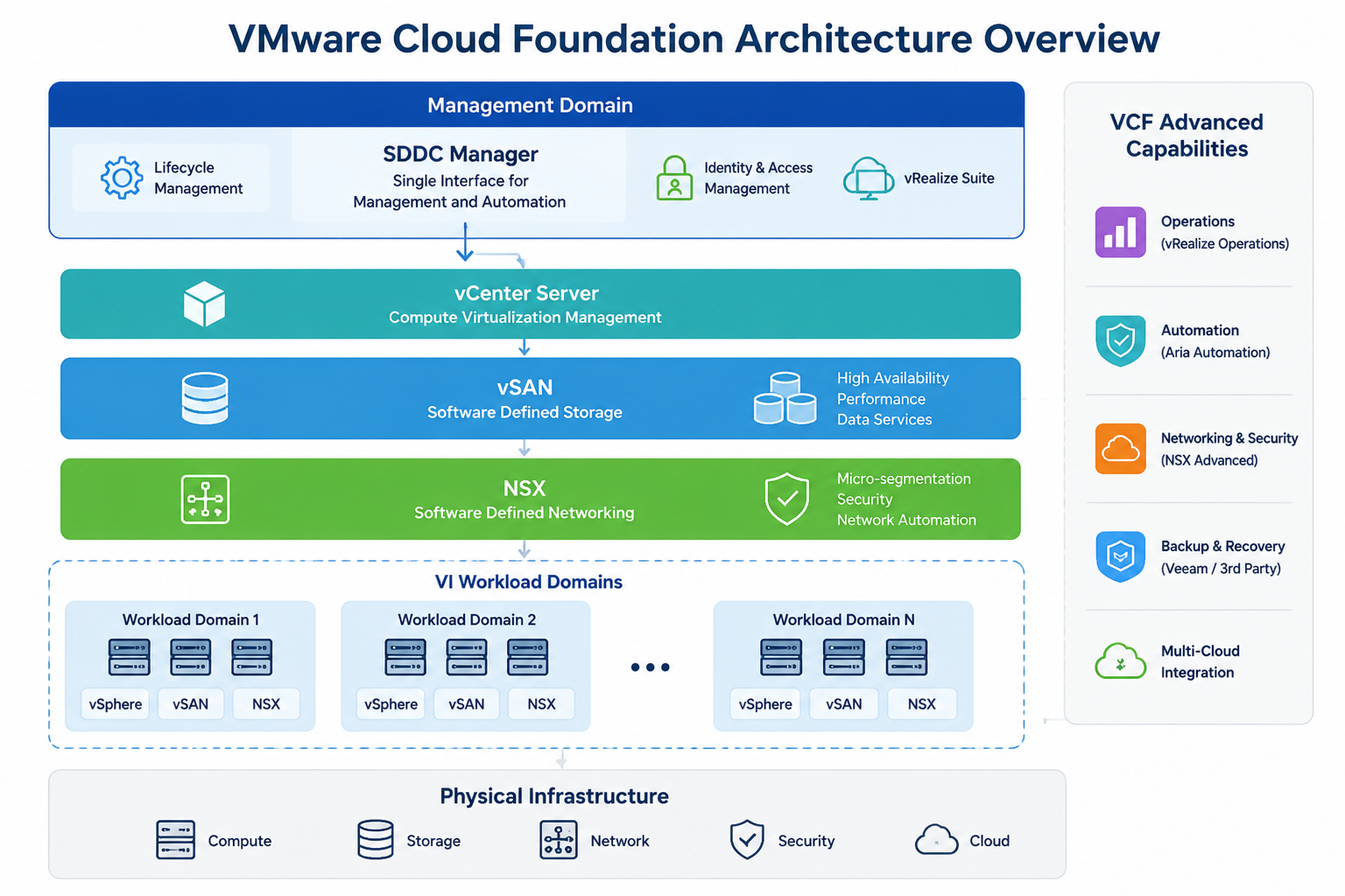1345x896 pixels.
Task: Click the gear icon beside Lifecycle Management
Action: (x=122, y=178)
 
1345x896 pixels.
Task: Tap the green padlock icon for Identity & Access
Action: (x=674, y=178)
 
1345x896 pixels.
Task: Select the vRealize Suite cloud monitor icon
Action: (x=869, y=178)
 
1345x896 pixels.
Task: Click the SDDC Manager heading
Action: (x=461, y=154)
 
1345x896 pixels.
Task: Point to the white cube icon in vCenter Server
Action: (x=204, y=304)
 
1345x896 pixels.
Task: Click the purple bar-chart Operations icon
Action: (x=1121, y=232)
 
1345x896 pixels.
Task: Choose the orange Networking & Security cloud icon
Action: (x=1121, y=449)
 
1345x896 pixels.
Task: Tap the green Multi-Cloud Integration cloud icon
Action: (x=1121, y=661)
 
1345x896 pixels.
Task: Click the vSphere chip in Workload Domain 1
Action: (x=116, y=704)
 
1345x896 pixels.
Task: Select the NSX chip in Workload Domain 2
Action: (x=541, y=704)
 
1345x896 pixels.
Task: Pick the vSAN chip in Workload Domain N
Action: (x=843, y=704)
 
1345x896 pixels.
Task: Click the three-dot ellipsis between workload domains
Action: (x=651, y=667)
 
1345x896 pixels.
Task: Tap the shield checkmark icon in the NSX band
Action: (x=786, y=499)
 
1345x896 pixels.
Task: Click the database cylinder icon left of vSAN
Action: (x=205, y=398)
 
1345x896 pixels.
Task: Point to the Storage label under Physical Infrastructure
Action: (x=433, y=841)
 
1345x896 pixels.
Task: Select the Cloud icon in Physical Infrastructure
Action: (x=936, y=840)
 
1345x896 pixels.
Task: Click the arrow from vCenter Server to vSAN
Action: (x=525, y=346)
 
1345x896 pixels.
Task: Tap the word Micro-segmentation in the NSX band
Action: (x=904, y=479)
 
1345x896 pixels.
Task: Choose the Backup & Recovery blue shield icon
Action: (x=1121, y=556)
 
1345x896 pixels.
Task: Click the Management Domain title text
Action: (x=530, y=106)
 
